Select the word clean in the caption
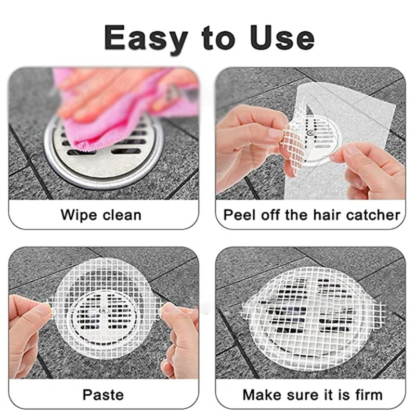pyautogui.click(x=121, y=215)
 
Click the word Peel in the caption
pyautogui.click(x=237, y=215)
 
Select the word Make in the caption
pyautogui.click(x=262, y=394)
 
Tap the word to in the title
pyautogui.click(x=212, y=37)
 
